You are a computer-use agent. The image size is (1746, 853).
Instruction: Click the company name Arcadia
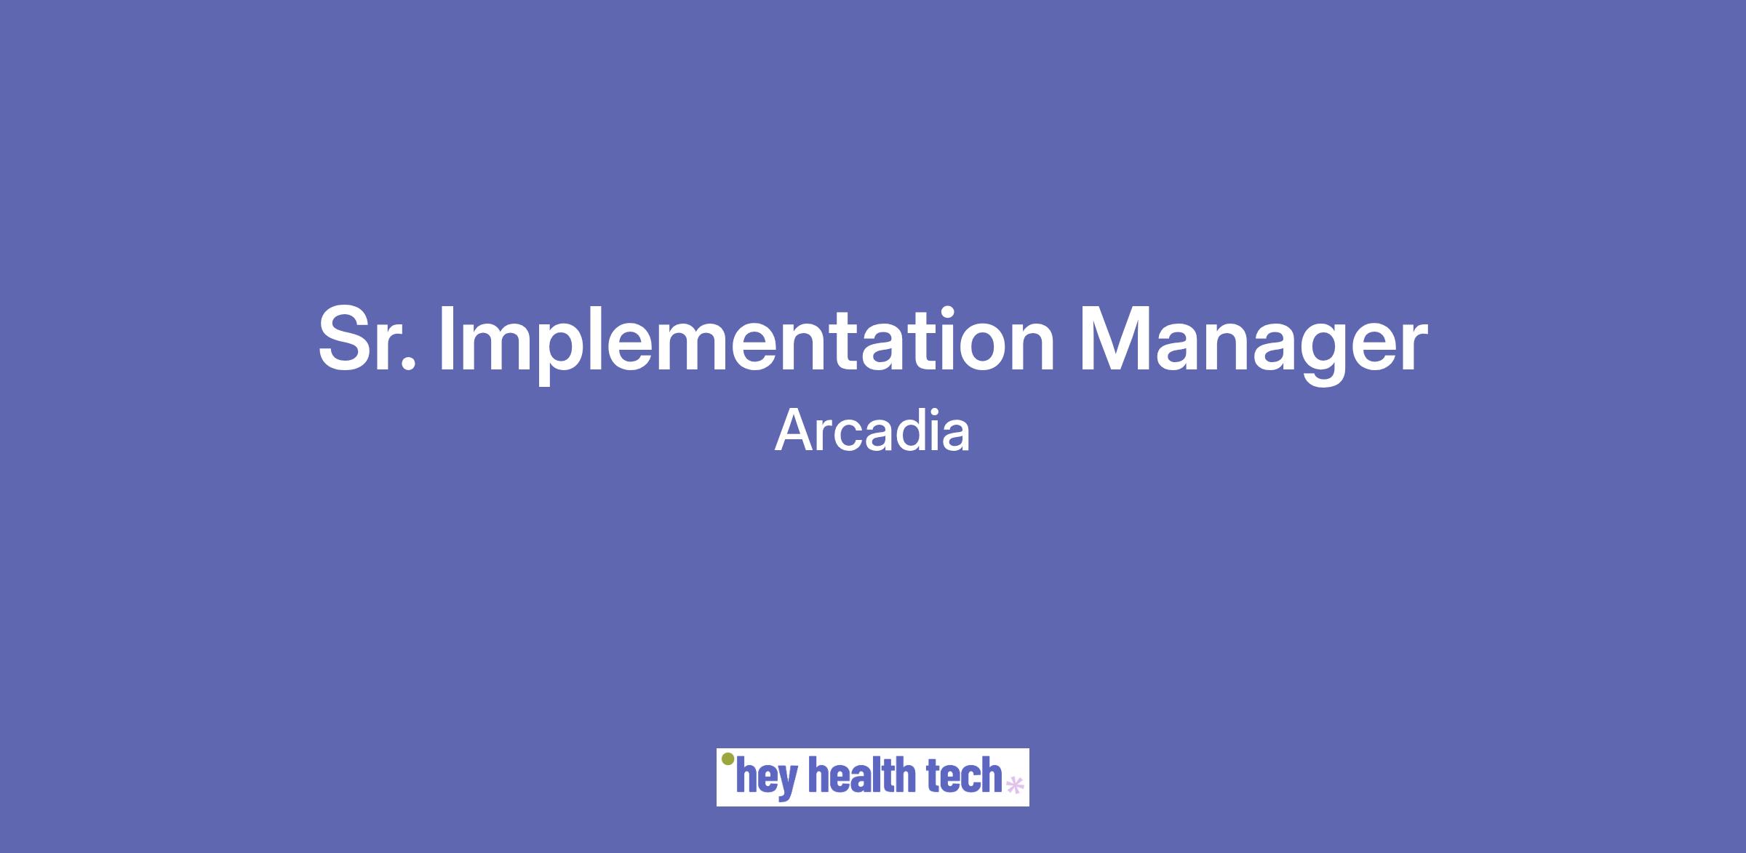[872, 431]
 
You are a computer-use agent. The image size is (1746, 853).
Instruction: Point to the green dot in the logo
[727, 759]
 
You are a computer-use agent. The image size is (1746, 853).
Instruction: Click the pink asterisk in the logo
[1014, 785]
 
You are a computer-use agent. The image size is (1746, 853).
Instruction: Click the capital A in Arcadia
[794, 431]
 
